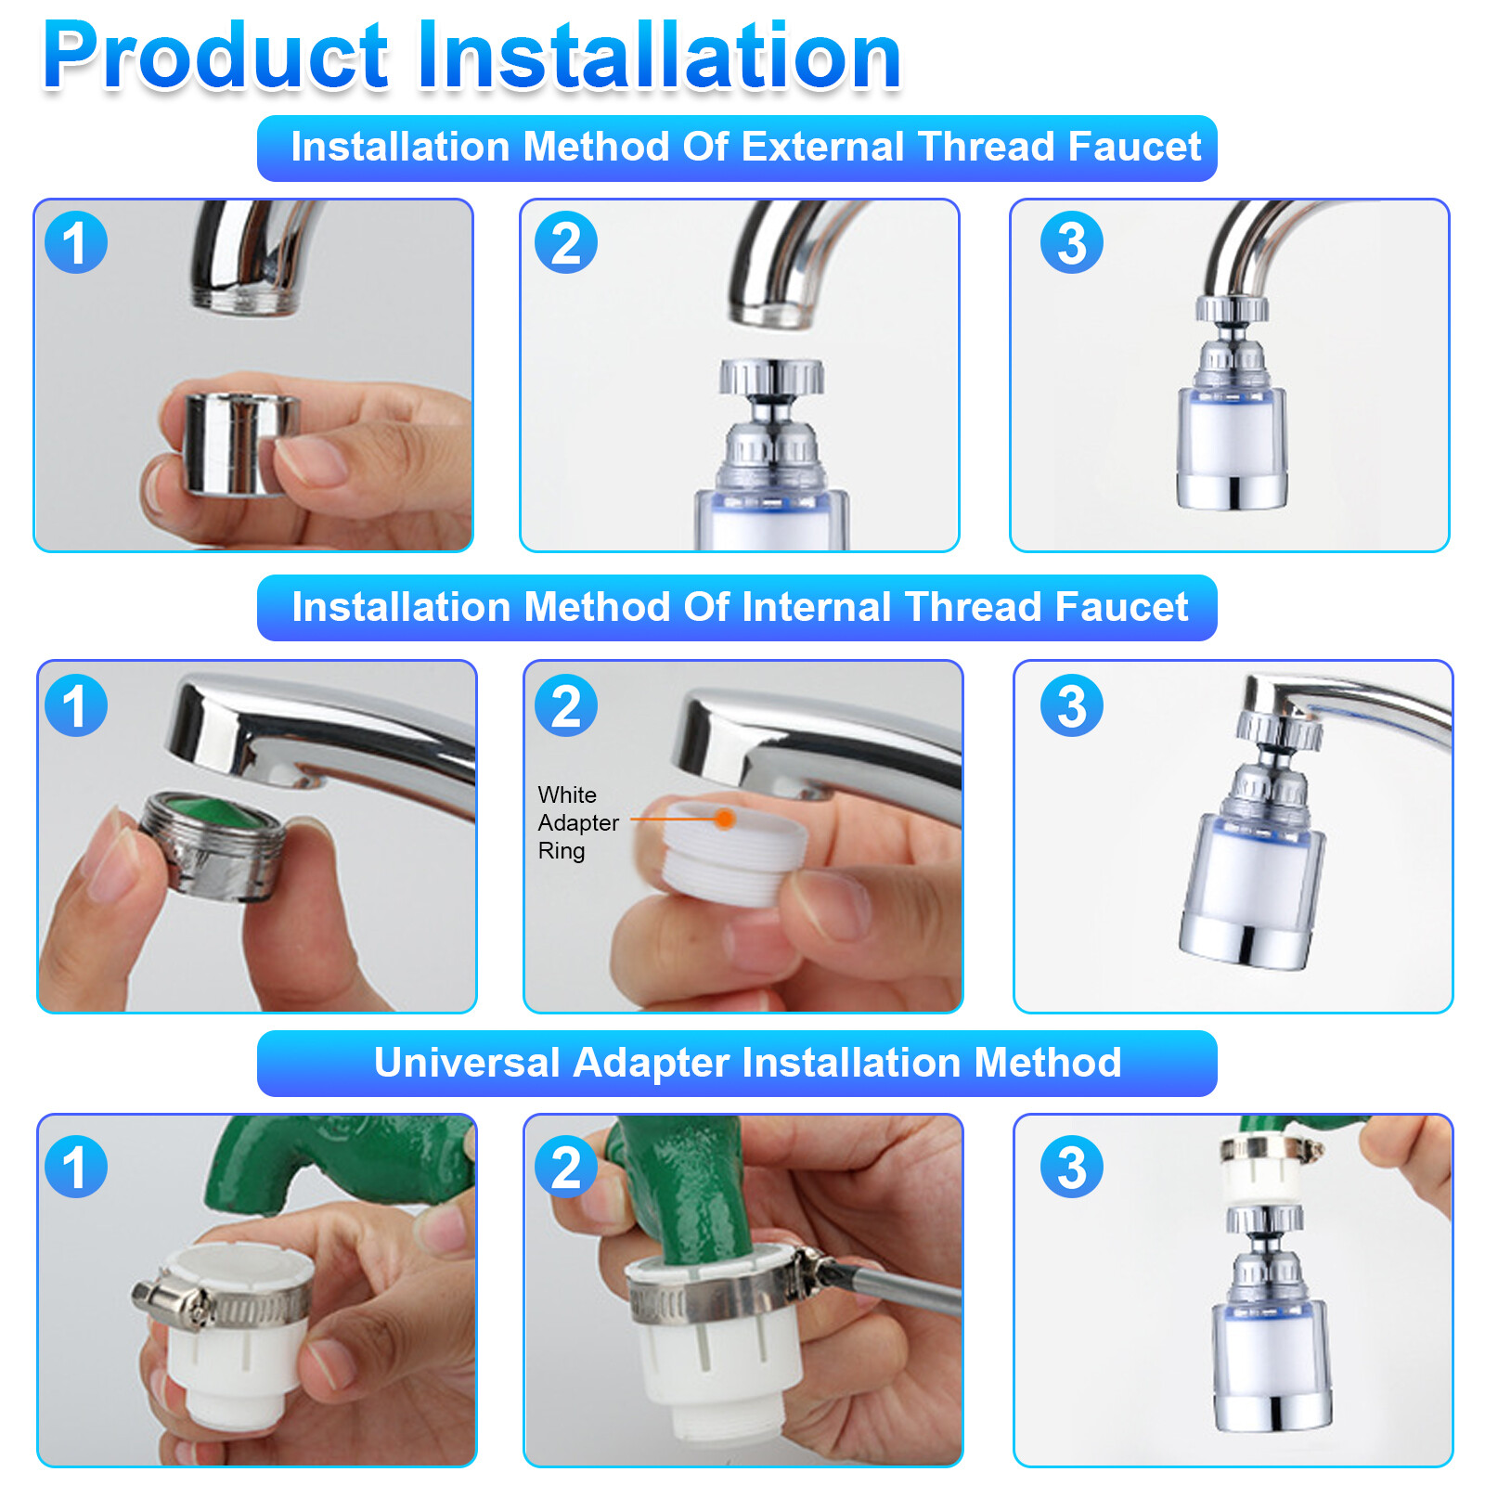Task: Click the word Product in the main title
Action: tap(215, 57)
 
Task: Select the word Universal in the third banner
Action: tap(466, 1063)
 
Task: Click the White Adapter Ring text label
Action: tap(578, 822)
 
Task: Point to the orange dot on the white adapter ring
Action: tap(724, 819)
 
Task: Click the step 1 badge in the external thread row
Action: tap(76, 242)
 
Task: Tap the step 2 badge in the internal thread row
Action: tap(566, 705)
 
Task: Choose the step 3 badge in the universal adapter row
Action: tap(1072, 1167)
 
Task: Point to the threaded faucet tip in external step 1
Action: tap(247, 299)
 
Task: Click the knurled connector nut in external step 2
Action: tap(771, 377)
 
